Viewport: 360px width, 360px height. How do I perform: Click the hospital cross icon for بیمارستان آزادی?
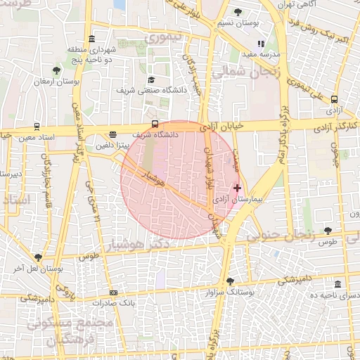238,188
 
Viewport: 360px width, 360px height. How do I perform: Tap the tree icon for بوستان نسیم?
238,12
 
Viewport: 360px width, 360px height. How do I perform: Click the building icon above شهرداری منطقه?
92,39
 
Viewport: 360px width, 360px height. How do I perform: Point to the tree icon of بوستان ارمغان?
56,70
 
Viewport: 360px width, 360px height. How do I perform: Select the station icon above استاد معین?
36,127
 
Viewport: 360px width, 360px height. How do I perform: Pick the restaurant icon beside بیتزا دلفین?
113,135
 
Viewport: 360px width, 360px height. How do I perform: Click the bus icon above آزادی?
335,99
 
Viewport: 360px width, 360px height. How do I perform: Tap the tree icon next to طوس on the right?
328,231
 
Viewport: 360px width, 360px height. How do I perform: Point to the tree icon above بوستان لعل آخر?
38,257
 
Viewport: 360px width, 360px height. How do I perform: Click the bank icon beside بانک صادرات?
113,292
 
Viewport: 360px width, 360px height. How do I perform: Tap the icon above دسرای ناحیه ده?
338,284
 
